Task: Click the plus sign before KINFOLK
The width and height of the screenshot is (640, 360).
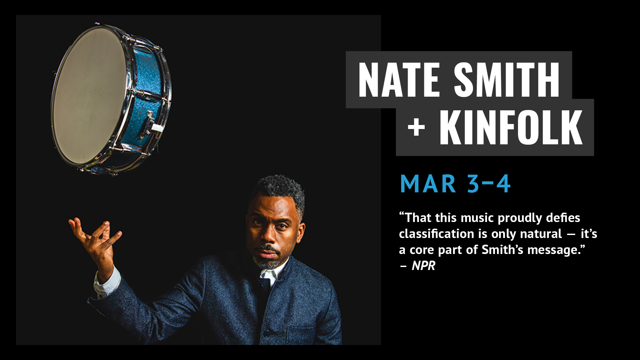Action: (x=416, y=128)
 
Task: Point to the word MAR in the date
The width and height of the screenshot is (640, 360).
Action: (x=428, y=184)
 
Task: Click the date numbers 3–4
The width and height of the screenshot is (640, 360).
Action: (x=489, y=184)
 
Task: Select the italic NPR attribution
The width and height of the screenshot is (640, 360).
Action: (x=424, y=266)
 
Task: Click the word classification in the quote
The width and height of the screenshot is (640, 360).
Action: (x=437, y=234)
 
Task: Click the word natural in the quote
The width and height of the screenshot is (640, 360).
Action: (x=541, y=234)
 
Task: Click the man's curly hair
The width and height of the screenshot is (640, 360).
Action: (x=280, y=192)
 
